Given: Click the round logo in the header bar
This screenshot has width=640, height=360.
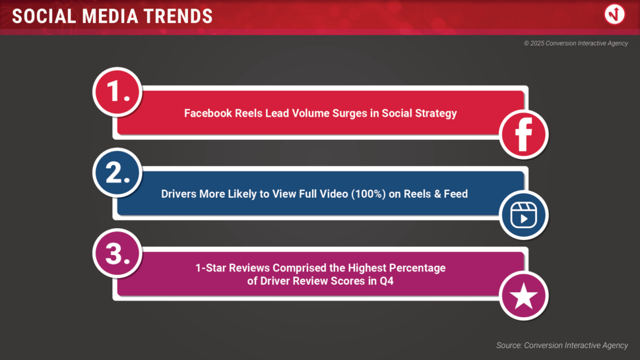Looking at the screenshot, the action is pyautogui.click(x=614, y=15).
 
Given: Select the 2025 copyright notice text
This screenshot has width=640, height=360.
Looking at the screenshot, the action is pyautogui.click(x=576, y=44).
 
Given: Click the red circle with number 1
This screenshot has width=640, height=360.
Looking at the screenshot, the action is pyautogui.click(x=117, y=92).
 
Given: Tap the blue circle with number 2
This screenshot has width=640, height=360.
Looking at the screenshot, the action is pyautogui.click(x=117, y=173).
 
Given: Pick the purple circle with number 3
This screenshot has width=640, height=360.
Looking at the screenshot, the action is pyautogui.click(x=117, y=253).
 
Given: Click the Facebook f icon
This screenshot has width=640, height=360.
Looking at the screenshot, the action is pyautogui.click(x=524, y=135).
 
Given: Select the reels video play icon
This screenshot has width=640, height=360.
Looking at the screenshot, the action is pyautogui.click(x=524, y=215).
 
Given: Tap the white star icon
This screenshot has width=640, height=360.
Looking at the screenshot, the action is pyautogui.click(x=524, y=296).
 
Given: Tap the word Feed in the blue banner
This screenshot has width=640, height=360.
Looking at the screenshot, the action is pyautogui.click(x=456, y=194).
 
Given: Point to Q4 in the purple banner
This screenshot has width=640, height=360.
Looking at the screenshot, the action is pyautogui.click(x=386, y=281).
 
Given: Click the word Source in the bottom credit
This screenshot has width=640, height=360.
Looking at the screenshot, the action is pyautogui.click(x=509, y=345).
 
